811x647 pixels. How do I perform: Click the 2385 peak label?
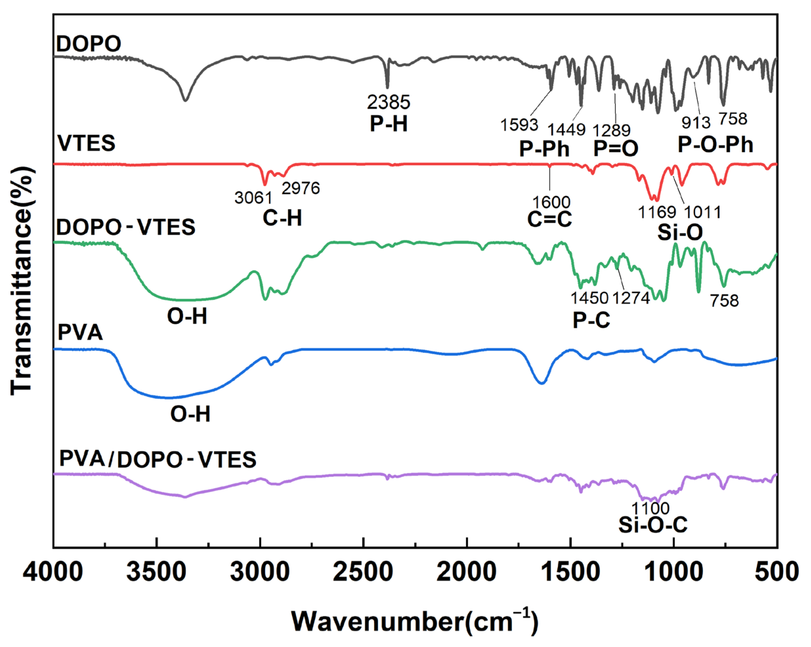[388, 102]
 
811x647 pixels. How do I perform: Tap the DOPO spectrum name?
[88, 44]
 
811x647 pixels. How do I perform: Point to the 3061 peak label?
[253, 198]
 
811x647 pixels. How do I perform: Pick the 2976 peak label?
[301, 188]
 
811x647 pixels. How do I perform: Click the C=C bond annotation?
[549, 219]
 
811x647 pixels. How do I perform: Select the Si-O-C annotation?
[653, 525]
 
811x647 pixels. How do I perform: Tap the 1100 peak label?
[650, 508]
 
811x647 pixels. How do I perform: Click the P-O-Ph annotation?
[715, 144]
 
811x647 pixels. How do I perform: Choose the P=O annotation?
[616, 148]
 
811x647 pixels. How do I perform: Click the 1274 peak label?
[631, 298]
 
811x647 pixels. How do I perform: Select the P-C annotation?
[591, 320]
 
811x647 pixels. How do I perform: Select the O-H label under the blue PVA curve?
[190, 414]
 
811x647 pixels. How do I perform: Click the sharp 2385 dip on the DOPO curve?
[387, 86]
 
